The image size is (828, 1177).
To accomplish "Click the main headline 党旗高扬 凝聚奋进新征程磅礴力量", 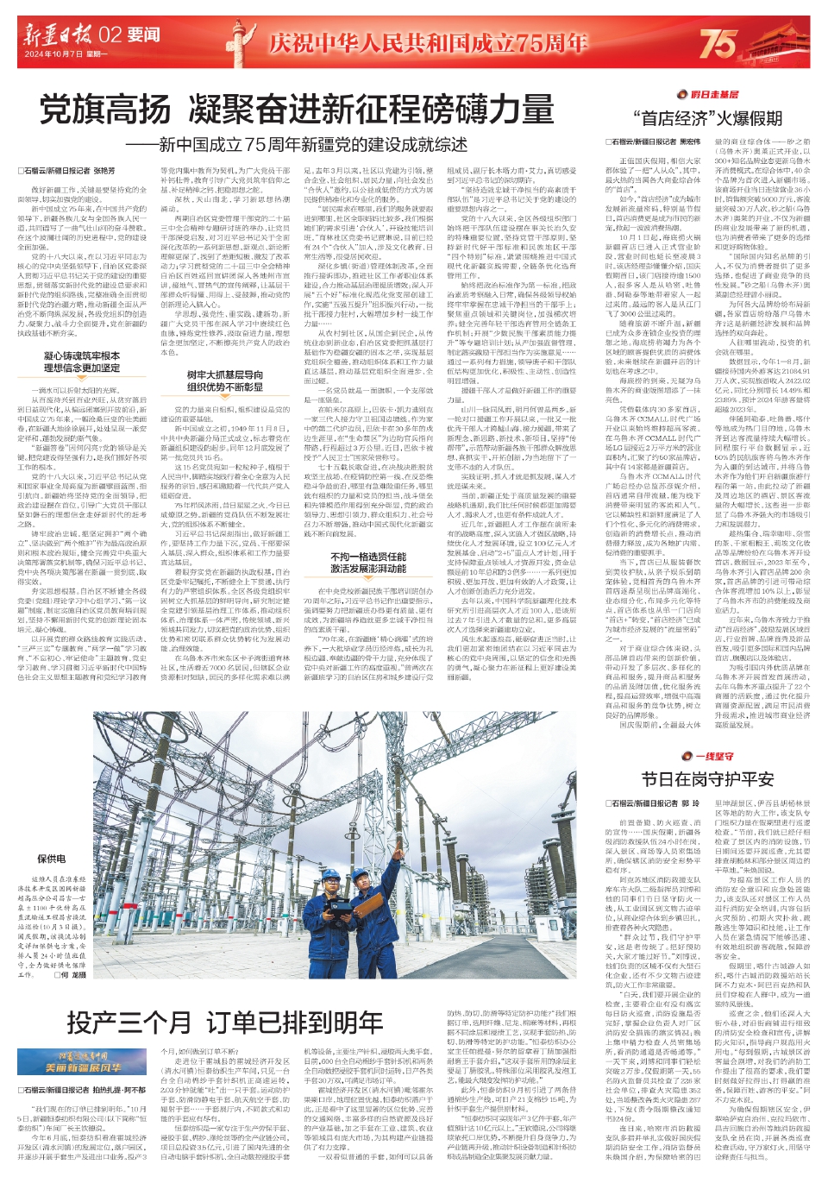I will [298, 110].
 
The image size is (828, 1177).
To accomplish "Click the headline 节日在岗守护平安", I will [707, 779].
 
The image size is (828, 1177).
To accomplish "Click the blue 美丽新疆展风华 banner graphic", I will [84, 1062].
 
